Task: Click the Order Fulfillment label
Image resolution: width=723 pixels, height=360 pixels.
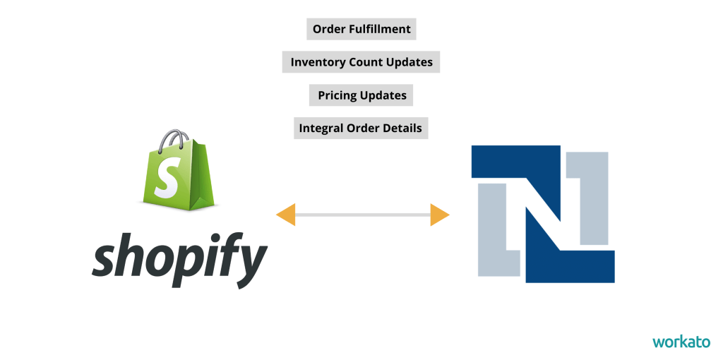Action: [361, 29]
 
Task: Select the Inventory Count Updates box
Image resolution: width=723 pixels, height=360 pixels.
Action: [361, 62]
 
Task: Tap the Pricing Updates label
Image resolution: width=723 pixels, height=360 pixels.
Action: [361, 95]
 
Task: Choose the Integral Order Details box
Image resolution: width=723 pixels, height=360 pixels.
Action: [361, 128]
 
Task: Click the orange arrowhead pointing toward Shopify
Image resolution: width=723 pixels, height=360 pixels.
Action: [286, 215]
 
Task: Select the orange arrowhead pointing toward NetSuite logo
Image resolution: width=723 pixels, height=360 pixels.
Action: [440, 215]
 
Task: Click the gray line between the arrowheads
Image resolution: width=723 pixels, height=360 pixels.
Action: [363, 215]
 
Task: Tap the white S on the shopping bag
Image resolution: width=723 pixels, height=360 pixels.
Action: [167, 177]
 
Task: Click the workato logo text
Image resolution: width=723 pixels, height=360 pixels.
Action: [681, 342]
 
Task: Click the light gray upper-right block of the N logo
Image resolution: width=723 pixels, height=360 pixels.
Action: [594, 198]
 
